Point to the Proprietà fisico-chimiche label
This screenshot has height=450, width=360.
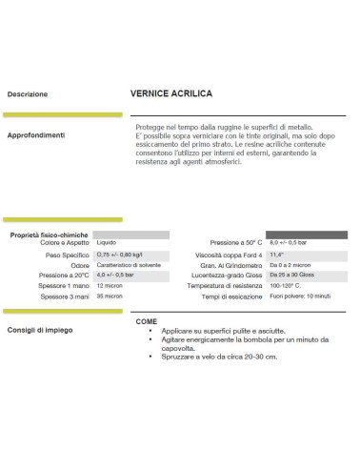point(49,234)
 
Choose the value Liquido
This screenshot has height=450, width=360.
point(108,243)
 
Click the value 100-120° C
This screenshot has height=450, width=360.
point(287,286)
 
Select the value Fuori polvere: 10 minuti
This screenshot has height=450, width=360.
point(304,297)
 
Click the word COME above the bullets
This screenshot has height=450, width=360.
point(147,321)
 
